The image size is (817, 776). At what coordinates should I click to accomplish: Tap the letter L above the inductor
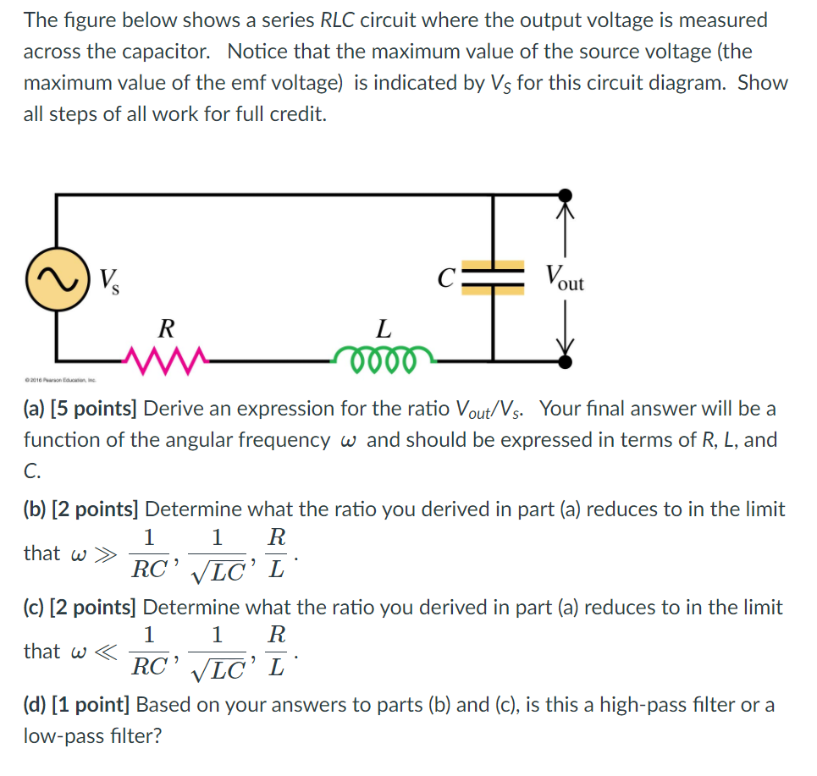[x=384, y=327]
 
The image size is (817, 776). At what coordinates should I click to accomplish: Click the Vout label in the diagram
[x=564, y=278]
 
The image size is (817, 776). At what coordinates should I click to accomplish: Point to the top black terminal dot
[x=565, y=196]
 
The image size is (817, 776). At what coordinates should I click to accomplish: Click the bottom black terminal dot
[x=565, y=361]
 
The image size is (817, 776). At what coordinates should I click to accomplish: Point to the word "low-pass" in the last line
[x=62, y=735]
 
